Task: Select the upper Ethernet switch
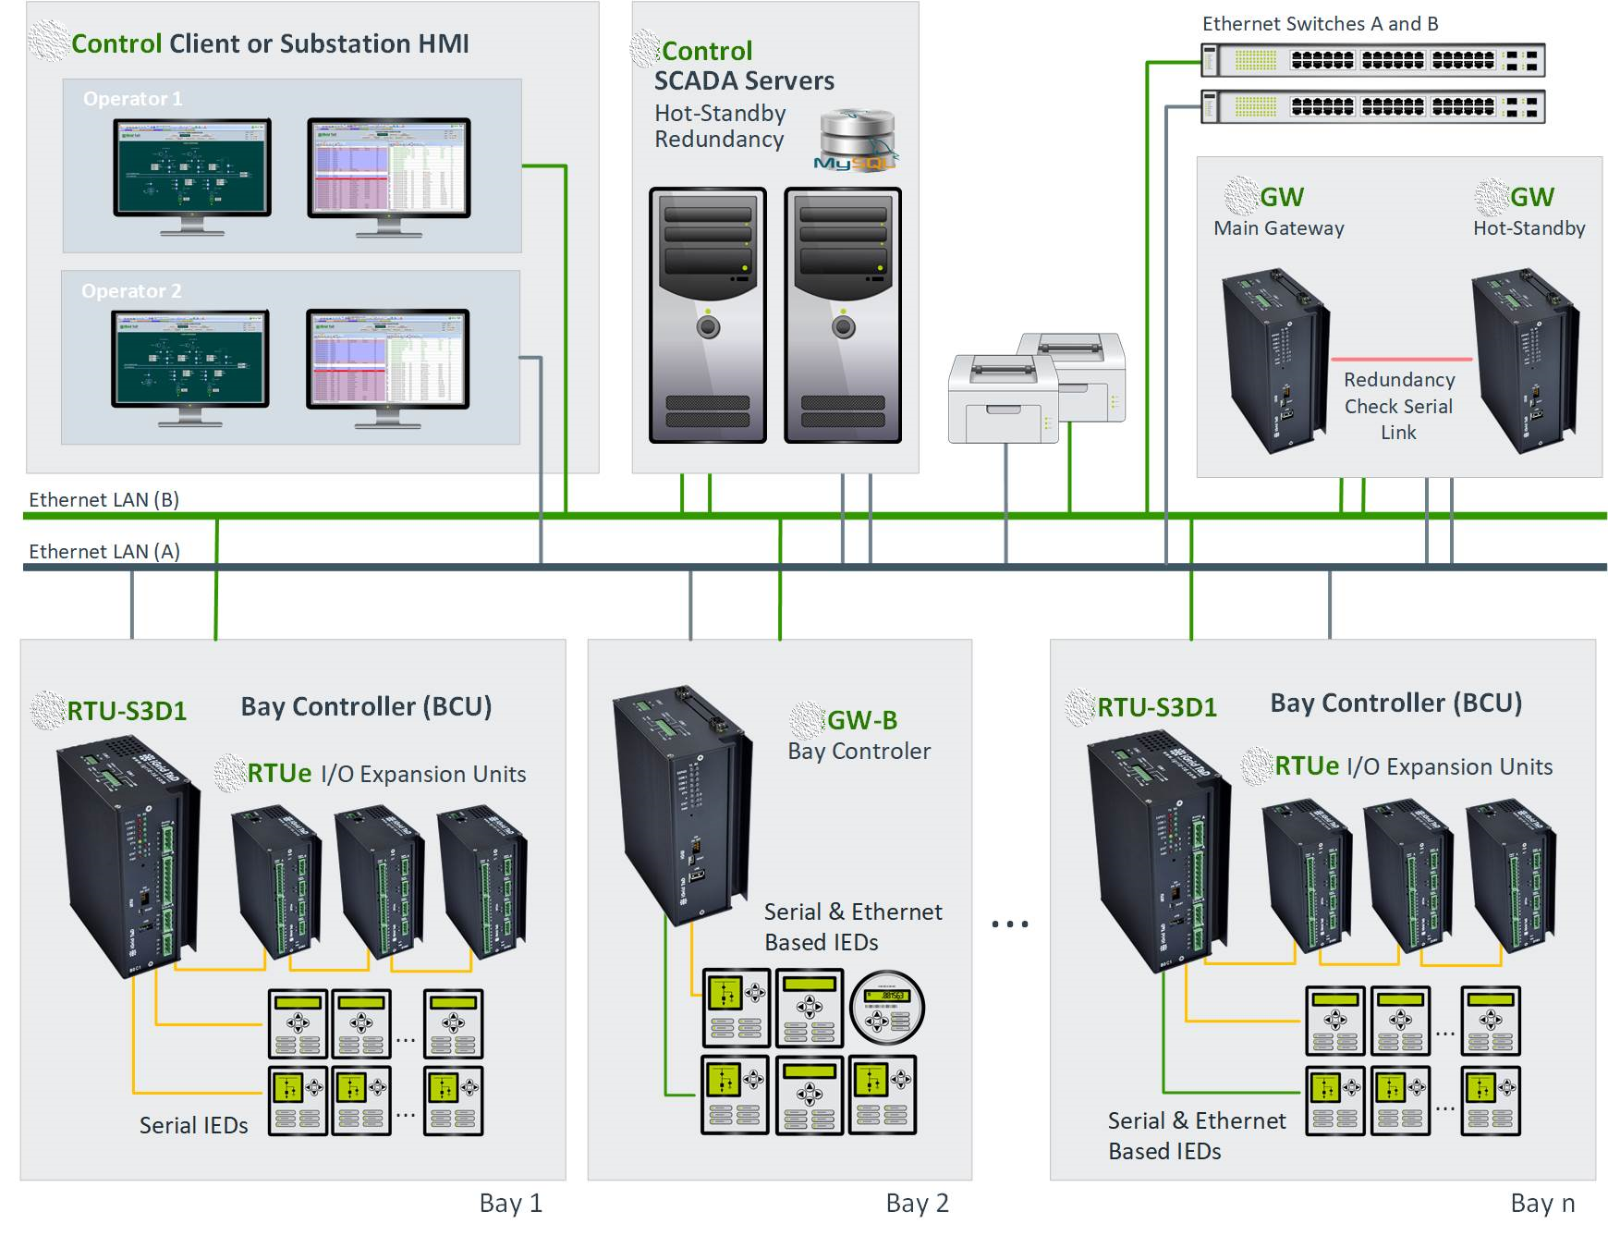coord(1372,61)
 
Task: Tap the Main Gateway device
coord(1275,361)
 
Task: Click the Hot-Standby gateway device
coord(1525,361)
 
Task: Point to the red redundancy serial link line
coord(1401,359)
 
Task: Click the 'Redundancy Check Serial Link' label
coord(1399,406)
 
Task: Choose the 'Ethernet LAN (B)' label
coord(104,500)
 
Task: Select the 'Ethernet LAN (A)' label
coord(104,552)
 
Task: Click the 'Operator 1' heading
coord(132,99)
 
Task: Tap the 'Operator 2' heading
coord(131,291)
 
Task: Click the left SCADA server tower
coord(708,315)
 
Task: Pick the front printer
coord(1003,399)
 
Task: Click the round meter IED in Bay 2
coord(887,1007)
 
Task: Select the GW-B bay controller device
coord(681,804)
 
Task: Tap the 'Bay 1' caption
coord(510,1204)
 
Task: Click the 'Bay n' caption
coord(1542,1204)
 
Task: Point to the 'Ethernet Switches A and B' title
coord(1320,24)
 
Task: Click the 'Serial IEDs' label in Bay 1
coord(193,1126)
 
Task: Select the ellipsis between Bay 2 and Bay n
coord(1009,924)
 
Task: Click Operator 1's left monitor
coord(192,168)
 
